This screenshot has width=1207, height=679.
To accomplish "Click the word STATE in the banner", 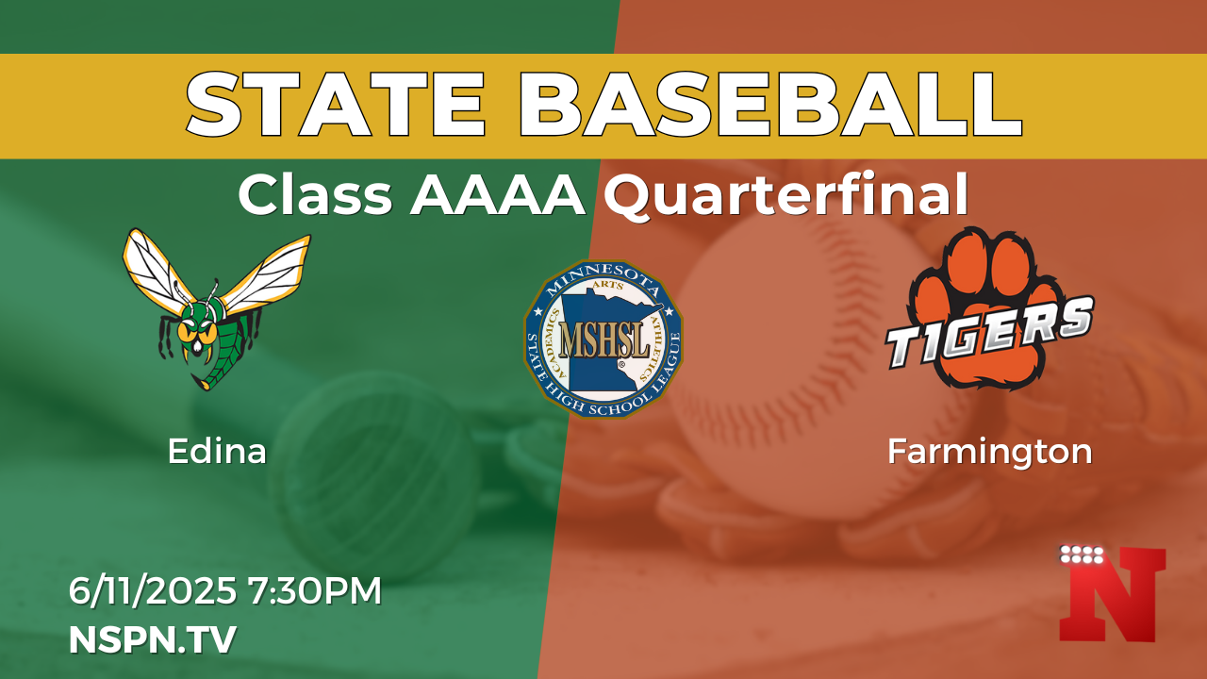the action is tap(337, 105).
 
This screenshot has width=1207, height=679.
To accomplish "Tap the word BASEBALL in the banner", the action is tap(770, 105).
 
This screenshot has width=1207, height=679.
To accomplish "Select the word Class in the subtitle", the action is tap(315, 194).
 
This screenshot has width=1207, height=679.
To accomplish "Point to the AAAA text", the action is tap(497, 195).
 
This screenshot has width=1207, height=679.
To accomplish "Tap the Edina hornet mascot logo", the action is tap(217, 309).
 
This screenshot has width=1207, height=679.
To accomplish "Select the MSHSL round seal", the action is tap(603, 339).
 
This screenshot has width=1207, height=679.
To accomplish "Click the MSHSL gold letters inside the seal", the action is tap(604, 340).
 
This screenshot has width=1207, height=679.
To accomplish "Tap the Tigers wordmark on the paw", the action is tap(990, 334).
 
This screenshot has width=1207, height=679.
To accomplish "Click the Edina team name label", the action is tap(217, 452).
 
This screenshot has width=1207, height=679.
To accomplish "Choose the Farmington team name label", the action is tap(990, 453).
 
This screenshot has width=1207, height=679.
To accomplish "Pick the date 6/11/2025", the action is tap(153, 590).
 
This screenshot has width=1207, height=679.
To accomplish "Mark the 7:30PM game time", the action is tap(315, 590).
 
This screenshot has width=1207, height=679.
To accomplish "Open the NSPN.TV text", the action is tap(153, 639).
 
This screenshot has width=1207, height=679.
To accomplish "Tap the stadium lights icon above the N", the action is tap(1082, 555).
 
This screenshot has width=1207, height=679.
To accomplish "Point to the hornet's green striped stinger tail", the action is tap(220, 358).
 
